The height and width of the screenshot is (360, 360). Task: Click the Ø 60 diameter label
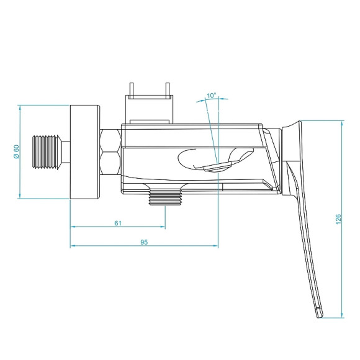click(x=16, y=152)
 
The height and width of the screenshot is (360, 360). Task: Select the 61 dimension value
click(x=118, y=223)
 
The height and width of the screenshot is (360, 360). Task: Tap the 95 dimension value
click(x=143, y=242)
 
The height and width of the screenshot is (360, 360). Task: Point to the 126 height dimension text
click(x=338, y=219)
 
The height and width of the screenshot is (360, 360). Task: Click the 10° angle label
click(x=211, y=96)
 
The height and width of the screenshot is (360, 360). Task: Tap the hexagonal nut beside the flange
click(x=110, y=152)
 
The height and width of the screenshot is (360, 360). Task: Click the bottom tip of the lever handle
click(x=319, y=313)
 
